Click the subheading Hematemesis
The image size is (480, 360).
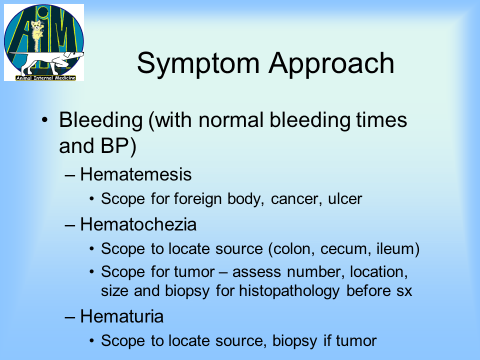pos(136,174)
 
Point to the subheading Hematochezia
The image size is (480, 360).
pos(138,224)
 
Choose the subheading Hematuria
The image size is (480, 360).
pos(122,316)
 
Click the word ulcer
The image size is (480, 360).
pos(345,199)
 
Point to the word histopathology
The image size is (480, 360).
pos(289,291)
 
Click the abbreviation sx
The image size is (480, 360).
pos(404,291)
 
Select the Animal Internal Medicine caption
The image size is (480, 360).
pos(45,78)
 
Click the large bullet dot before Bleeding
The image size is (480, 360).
pos(45,119)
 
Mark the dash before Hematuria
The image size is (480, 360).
pos(70,317)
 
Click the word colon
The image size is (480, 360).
pos(294,249)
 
